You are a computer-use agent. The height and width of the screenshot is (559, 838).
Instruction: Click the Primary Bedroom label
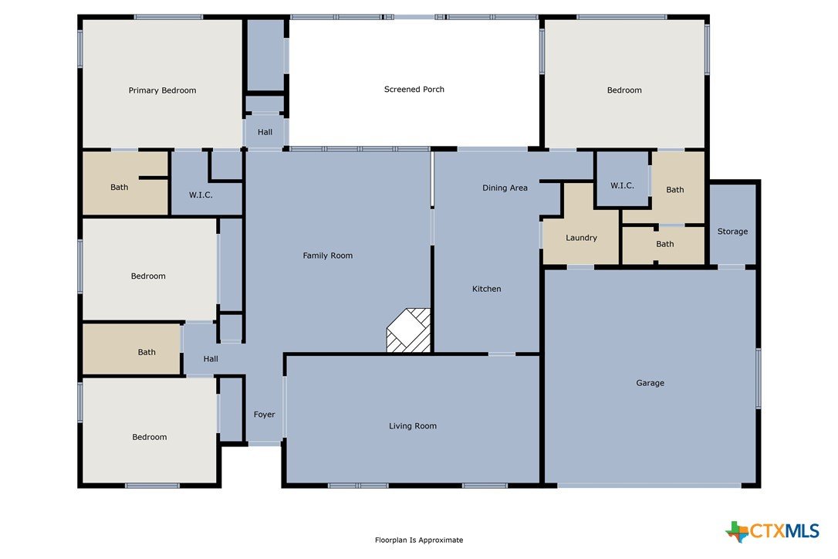pyautogui.click(x=163, y=90)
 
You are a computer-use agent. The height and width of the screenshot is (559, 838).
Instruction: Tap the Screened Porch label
pyautogui.click(x=414, y=90)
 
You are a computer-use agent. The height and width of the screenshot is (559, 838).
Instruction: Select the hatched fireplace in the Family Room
pyautogui.click(x=408, y=330)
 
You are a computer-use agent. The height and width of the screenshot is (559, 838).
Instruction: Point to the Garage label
pyautogui.click(x=650, y=383)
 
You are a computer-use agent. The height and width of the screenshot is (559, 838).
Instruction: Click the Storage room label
pyautogui.click(x=732, y=232)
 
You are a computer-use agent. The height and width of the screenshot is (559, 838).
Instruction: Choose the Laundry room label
pyautogui.click(x=582, y=238)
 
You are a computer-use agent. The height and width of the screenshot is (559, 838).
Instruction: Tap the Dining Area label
pyautogui.click(x=505, y=188)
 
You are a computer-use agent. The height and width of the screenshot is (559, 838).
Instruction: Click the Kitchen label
pyautogui.click(x=486, y=289)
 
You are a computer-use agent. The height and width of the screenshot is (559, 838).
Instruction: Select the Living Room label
pyautogui.click(x=413, y=426)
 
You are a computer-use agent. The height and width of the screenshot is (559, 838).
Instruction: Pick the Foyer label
pyautogui.click(x=264, y=415)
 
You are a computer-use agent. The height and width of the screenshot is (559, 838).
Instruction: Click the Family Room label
pyautogui.click(x=328, y=256)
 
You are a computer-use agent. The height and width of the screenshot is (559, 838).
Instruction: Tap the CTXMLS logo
pyautogui.click(x=772, y=531)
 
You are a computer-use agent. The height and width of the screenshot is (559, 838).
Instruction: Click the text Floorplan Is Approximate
pyautogui.click(x=419, y=540)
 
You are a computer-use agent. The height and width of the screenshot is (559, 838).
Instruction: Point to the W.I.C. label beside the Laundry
pyautogui.click(x=622, y=185)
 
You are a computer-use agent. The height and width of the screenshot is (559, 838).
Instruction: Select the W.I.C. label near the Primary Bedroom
pyautogui.click(x=201, y=195)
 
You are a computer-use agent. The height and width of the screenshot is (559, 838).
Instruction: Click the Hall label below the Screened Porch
pyautogui.click(x=265, y=132)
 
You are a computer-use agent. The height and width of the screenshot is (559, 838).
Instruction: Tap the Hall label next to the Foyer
pyautogui.click(x=211, y=359)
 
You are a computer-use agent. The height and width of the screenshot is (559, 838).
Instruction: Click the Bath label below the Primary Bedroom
pyautogui.click(x=119, y=187)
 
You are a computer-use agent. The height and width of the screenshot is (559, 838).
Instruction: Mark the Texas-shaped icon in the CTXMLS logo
pyautogui.click(x=737, y=532)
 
